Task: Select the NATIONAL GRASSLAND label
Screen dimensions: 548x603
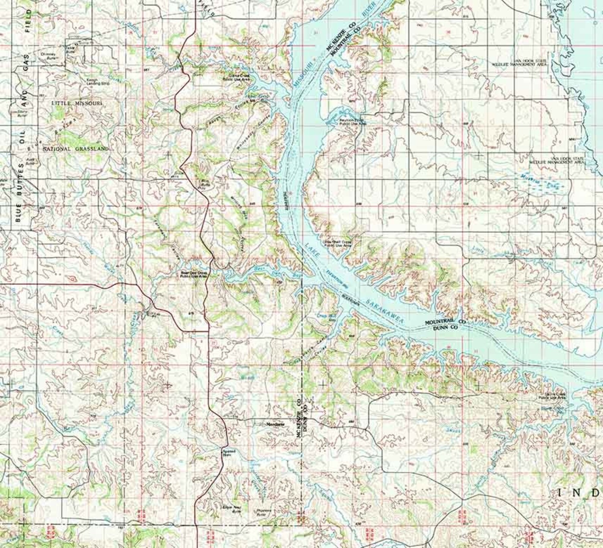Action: (76, 149)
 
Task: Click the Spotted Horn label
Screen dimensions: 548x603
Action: (229, 452)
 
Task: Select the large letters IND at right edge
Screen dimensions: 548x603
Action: (580, 493)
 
